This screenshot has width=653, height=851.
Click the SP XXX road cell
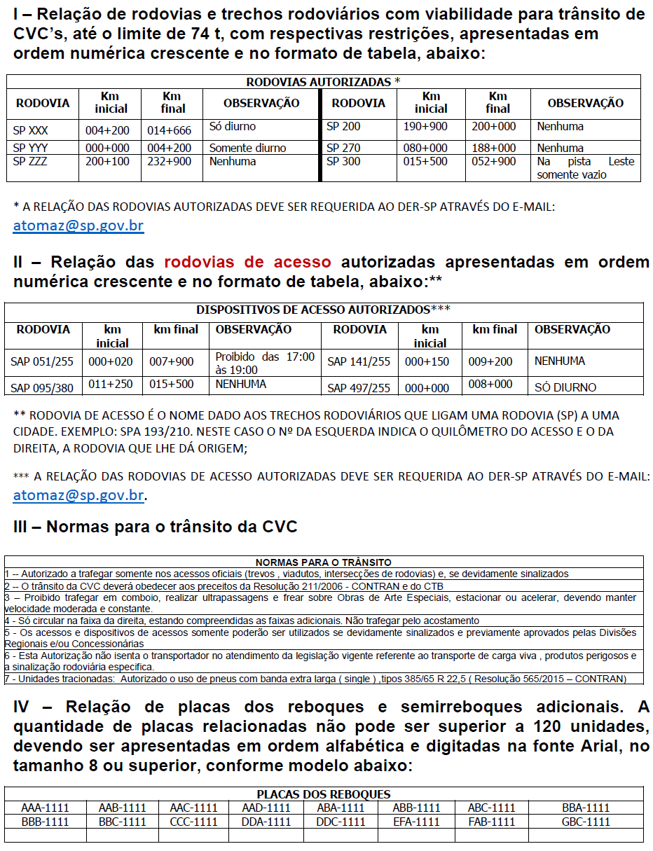pos(31,130)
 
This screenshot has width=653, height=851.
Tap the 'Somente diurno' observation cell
pos(247,148)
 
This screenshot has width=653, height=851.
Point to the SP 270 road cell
pos(343,148)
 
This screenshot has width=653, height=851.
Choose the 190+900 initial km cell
pos(425,127)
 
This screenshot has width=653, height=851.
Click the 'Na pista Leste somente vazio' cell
pos(585,168)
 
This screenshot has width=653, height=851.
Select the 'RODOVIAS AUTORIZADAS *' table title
pos(323,82)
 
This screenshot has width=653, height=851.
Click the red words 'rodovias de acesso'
pos(247,262)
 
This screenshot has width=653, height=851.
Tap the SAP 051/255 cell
pos(42,362)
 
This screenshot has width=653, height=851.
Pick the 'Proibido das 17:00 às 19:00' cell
pos(265,363)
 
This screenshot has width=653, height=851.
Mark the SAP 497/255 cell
pos(359,387)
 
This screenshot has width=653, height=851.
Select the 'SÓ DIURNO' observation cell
pos(565,387)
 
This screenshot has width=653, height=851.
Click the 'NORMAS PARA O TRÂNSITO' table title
pos(323,562)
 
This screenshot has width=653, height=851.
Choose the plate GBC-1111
pos(586,822)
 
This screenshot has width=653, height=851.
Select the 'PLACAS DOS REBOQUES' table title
pos(323,794)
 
